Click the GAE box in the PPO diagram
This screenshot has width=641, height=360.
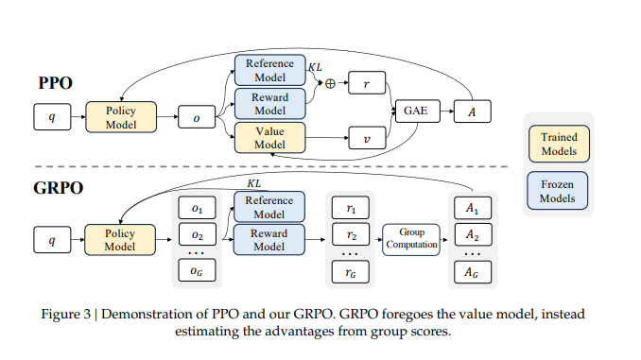(x=418, y=111)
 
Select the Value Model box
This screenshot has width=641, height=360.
(x=269, y=138)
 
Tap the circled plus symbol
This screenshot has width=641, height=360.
(x=330, y=83)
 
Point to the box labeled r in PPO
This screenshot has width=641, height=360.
(x=367, y=83)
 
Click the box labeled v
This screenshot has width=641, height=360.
(x=367, y=138)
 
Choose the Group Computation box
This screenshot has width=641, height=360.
(x=411, y=239)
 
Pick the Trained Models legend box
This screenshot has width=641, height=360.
(x=559, y=144)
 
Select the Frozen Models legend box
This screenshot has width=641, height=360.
(x=558, y=191)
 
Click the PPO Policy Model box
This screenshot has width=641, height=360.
(x=121, y=117)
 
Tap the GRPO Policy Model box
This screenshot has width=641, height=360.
(x=120, y=240)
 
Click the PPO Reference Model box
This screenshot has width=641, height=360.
(x=269, y=70)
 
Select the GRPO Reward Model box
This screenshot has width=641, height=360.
(x=269, y=240)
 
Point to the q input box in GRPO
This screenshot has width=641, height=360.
(x=52, y=240)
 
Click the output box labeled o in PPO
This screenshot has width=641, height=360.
(x=197, y=117)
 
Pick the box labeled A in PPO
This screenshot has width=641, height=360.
(x=472, y=111)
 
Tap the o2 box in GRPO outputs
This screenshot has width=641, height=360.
(x=197, y=234)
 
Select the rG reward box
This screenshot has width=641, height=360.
(x=351, y=272)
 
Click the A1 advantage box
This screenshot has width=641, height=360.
(x=473, y=208)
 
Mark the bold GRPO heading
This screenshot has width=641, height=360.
(x=58, y=188)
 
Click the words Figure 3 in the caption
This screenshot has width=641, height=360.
(x=65, y=315)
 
